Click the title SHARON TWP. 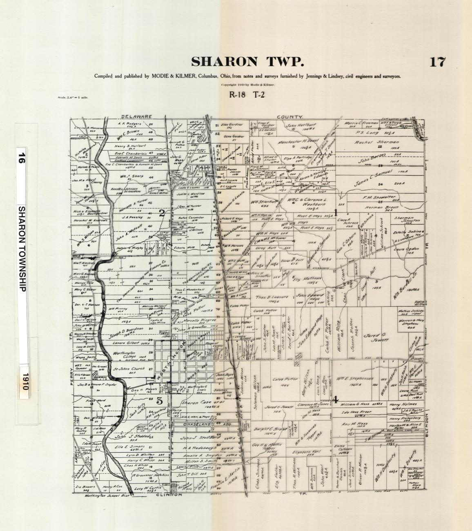coord(247,62)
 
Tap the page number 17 coord(437,62)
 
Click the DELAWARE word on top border coord(136,116)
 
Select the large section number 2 coord(162,212)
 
